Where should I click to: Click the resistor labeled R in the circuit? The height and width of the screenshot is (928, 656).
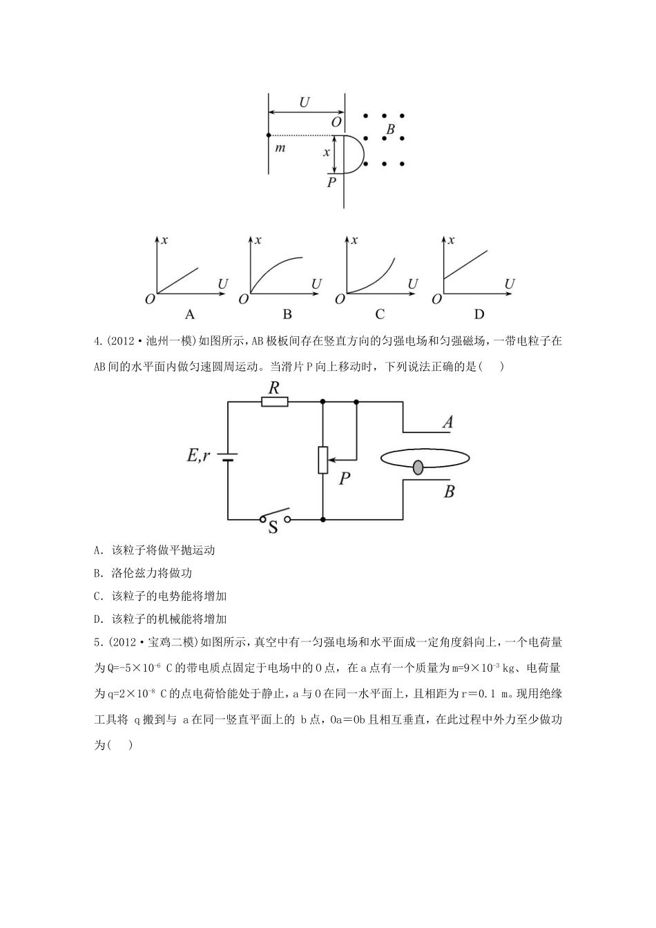pos(275,401)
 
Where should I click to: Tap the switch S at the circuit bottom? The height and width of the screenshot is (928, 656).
pos(274,519)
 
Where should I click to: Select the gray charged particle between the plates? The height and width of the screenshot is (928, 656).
pos(418,468)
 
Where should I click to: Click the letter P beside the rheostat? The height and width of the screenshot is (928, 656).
pos(345,478)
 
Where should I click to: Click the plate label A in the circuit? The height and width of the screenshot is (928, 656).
pos(448,422)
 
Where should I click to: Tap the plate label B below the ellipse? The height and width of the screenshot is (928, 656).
pos(449,492)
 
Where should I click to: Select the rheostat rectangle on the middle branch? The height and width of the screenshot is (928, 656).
pos(322,460)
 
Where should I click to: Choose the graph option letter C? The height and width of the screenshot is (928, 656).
pos(380,314)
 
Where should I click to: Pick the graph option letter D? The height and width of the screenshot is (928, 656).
pos(479,314)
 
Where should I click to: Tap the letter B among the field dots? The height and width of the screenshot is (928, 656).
pos(390,129)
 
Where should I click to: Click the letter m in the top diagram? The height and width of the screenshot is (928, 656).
pos(280,148)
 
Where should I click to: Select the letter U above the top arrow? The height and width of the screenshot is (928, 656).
pos(304,103)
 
